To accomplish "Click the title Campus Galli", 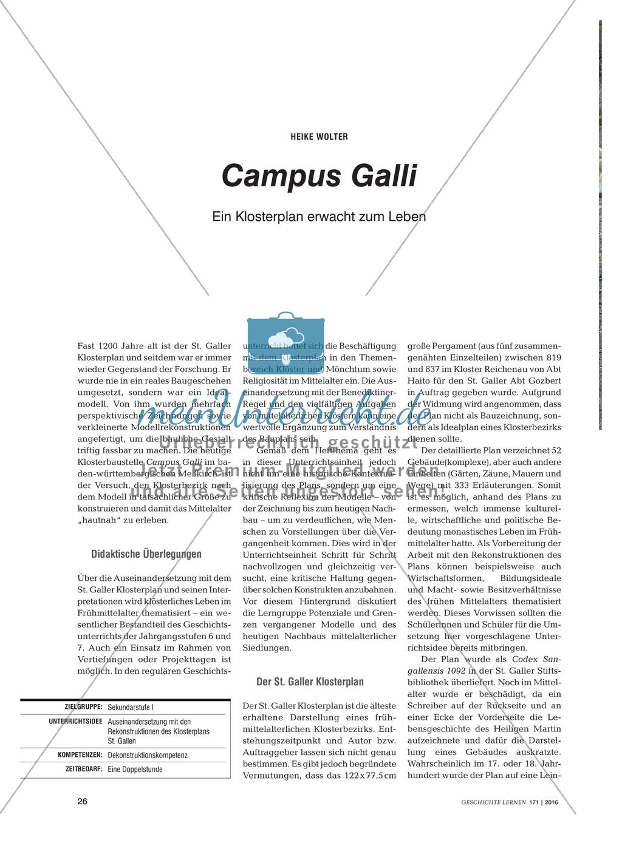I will pyautogui.click(x=320, y=177).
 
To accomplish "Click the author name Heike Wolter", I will pyautogui.click(x=319, y=136).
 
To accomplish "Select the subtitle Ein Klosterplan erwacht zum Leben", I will pyautogui.click(x=319, y=217).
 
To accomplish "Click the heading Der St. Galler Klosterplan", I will pyautogui.click(x=310, y=681).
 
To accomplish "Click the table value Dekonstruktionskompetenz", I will pyautogui.click(x=148, y=756).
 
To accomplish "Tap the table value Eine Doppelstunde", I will pyautogui.click(x=135, y=770).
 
